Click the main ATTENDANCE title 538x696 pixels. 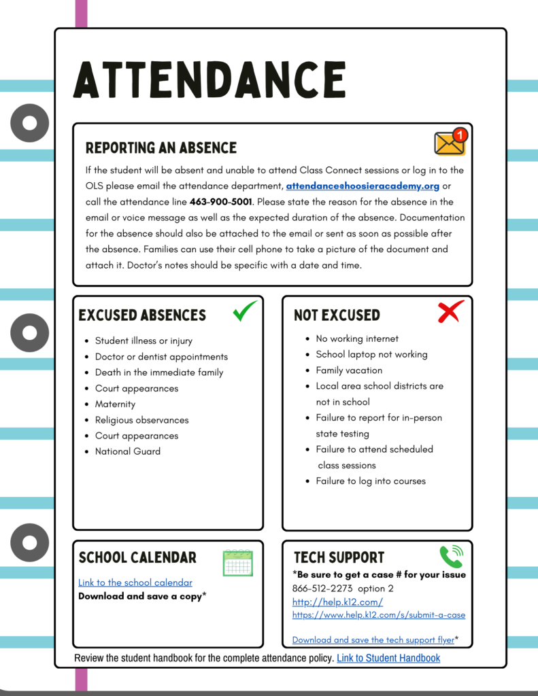[x=209, y=79]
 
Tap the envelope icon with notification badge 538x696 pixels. [x=450, y=141]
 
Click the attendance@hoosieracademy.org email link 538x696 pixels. [x=363, y=186]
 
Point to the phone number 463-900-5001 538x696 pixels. [x=221, y=202]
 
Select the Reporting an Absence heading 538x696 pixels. [x=161, y=148]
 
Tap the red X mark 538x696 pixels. [x=450, y=311]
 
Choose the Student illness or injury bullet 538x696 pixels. [x=144, y=341]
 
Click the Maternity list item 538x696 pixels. [x=115, y=404]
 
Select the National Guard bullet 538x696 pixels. [x=128, y=451]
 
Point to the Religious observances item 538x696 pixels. [x=141, y=420]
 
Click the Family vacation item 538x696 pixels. [x=349, y=370]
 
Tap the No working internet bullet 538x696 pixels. [x=357, y=338]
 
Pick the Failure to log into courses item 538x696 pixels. [x=371, y=481]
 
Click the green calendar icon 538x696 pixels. [x=237, y=563]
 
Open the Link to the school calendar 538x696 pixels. [x=135, y=582]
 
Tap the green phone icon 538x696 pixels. [x=450, y=557]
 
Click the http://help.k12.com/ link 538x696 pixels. [x=337, y=602]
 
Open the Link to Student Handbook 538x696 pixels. [x=388, y=658]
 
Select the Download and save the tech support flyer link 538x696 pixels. [x=373, y=640]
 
